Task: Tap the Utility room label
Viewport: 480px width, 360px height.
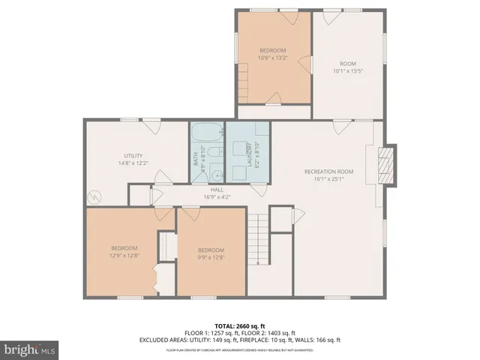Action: coord(133,154)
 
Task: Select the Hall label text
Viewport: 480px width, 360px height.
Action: coord(217,190)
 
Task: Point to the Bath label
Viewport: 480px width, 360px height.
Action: coord(196,158)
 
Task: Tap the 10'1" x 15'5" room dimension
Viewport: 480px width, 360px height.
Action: coord(347,72)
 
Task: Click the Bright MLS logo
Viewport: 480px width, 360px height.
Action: coord(30,349)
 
